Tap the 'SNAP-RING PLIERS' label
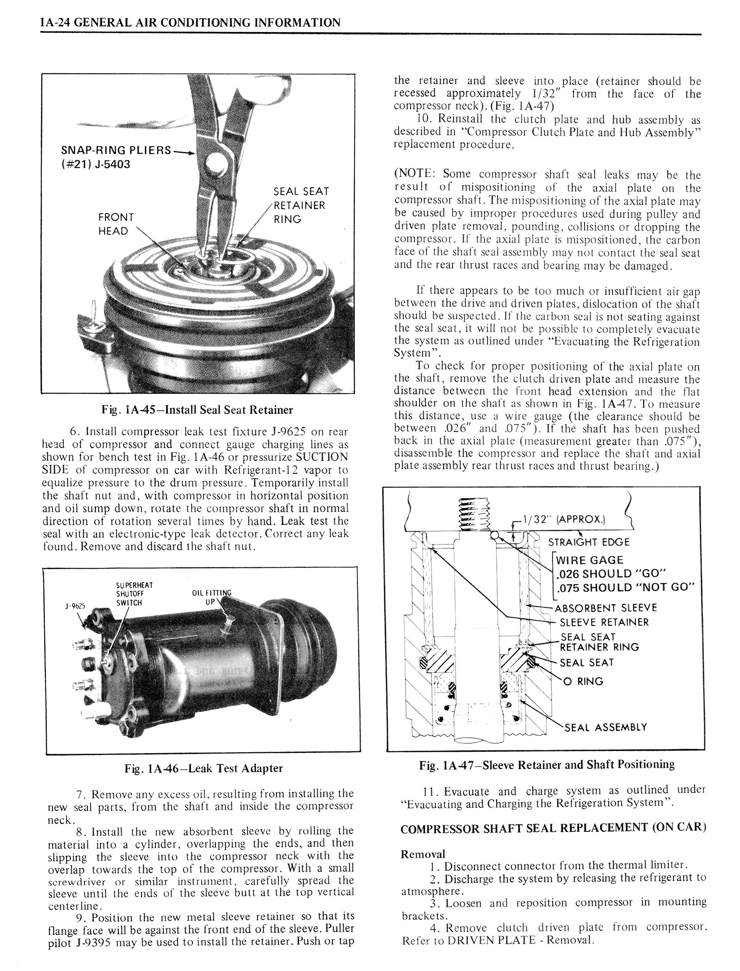pos(116,150)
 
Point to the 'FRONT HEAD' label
pos(116,224)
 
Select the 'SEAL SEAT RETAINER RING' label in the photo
pos(301,205)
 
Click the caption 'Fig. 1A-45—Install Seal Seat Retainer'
pos(197,410)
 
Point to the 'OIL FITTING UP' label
pos(211,598)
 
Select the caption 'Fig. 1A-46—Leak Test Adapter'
pos(203,768)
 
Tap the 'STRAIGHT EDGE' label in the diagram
pos(588,542)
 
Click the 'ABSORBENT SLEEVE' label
pos(605,608)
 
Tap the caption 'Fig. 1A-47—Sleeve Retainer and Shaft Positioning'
pos(547,764)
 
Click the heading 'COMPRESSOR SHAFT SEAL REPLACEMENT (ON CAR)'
pos(553,828)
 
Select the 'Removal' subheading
pos(423,854)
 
